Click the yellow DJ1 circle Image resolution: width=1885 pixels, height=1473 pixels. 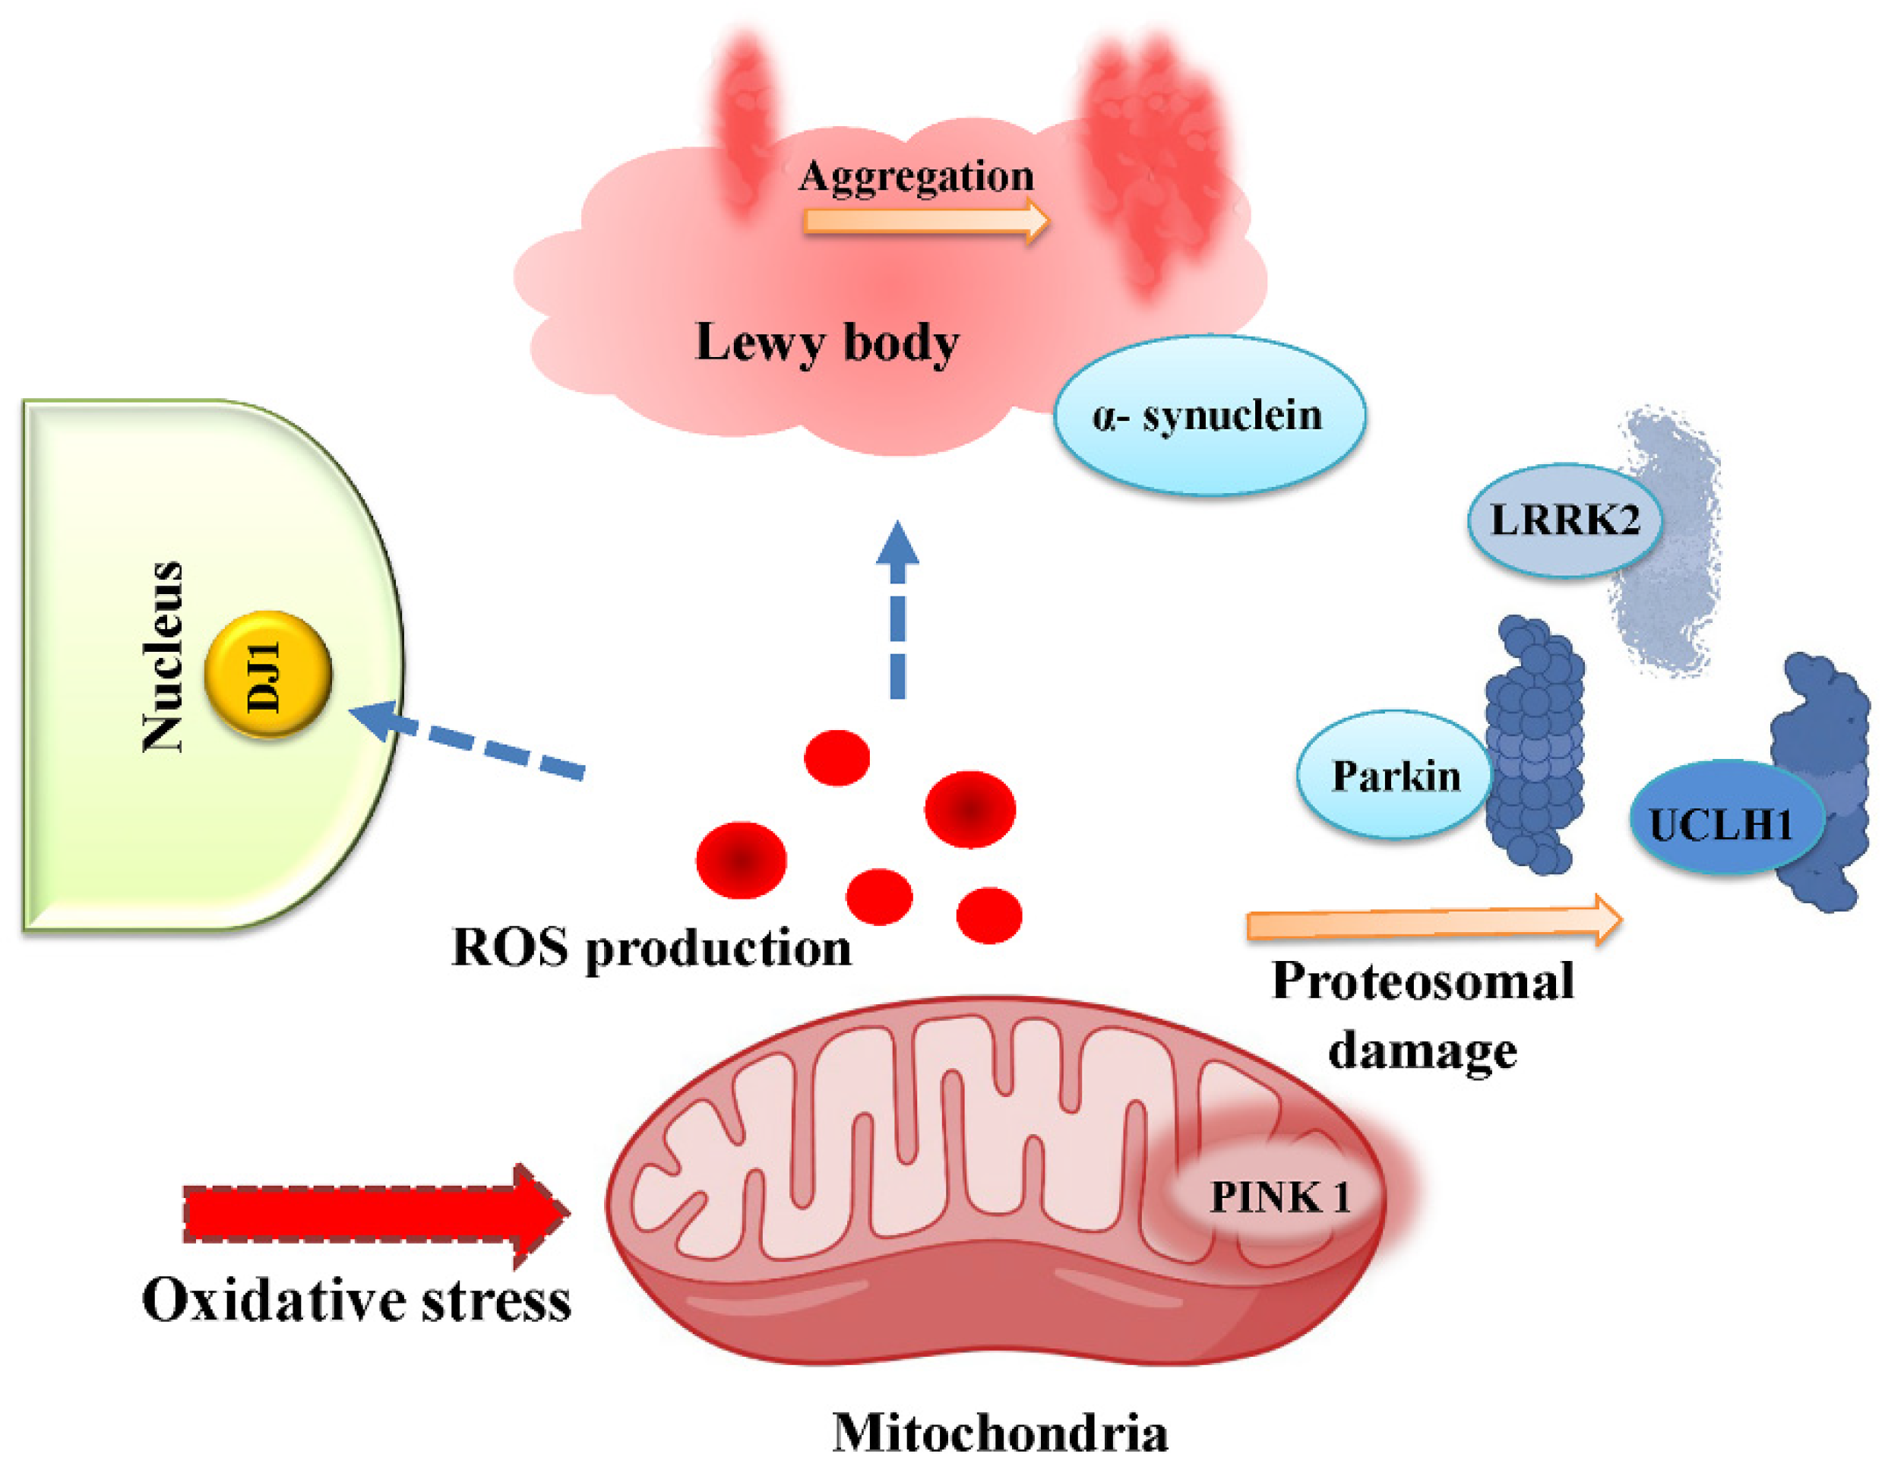click(267, 674)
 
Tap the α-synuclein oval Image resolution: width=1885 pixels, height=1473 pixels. click(1210, 415)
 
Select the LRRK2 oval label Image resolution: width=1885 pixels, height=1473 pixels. click(1564, 520)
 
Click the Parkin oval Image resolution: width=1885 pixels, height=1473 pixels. click(1394, 775)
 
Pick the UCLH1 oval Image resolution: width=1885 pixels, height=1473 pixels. click(1725, 818)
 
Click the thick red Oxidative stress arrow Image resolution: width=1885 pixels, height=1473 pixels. click(371, 1213)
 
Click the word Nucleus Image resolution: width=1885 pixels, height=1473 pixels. click(163, 656)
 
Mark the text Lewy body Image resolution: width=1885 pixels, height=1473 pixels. click(827, 342)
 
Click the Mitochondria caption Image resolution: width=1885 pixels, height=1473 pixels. click(999, 1433)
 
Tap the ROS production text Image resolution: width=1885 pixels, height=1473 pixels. click(652, 947)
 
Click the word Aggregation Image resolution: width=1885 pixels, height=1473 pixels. click(916, 175)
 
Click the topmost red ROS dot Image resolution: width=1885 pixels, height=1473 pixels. click(837, 757)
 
